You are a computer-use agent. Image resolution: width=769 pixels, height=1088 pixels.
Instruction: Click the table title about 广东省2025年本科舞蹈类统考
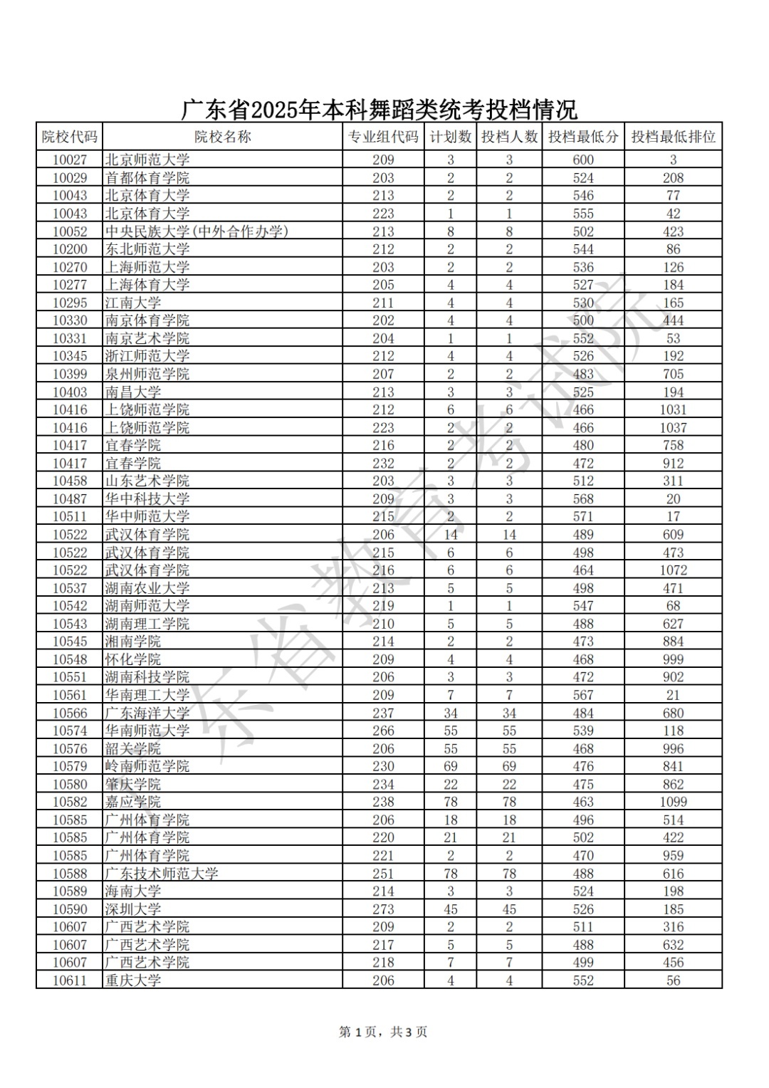pos(379,110)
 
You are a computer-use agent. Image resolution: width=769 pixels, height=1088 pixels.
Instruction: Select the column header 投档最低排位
pos(673,137)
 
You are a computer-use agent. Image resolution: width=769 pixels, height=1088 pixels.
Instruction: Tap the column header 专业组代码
pos(383,137)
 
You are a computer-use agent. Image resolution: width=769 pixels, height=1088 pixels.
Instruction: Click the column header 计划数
pos(450,137)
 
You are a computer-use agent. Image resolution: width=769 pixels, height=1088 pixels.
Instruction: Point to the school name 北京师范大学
pos(147,160)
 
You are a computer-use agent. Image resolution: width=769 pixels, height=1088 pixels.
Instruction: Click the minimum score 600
pos(583,160)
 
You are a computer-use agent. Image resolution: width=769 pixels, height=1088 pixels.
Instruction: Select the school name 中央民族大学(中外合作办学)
pos(197,231)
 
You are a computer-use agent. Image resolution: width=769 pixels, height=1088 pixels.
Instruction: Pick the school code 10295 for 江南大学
pos(70,303)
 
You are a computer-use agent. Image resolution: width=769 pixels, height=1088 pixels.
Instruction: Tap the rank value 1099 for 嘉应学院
pos(673,802)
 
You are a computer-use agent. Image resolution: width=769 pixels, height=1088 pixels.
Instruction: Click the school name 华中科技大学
pos(147,499)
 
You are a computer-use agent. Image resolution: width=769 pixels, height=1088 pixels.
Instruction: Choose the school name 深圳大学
pos(133,909)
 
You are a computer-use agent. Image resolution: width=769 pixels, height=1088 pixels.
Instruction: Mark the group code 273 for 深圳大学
pos(383,909)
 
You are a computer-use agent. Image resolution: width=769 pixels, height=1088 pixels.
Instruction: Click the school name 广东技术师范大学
pos(162,874)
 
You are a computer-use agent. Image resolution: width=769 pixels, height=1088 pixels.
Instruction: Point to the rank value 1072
pos(673,570)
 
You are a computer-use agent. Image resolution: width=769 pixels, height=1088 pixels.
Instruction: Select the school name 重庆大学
pos(133,980)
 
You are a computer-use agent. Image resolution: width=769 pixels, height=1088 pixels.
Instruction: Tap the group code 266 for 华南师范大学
pos(383,731)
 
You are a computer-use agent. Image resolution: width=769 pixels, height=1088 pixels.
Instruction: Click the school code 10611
pos(70,980)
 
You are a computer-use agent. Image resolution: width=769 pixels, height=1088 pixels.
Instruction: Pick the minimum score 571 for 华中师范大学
pos(583,517)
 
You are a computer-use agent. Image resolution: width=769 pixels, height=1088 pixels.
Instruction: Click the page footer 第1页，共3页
pos(383,1032)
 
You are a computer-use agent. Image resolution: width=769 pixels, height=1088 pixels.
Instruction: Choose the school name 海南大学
pos(133,891)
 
